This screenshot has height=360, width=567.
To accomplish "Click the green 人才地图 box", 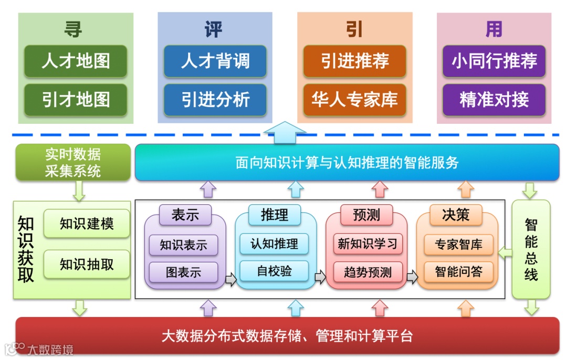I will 76,61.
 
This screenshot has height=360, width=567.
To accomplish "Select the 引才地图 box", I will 76,99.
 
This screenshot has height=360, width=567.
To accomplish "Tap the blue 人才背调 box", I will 215,61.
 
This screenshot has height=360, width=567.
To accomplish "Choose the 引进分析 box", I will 215,99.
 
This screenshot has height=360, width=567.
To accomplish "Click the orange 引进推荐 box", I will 355,61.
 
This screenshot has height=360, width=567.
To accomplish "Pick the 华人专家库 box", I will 355,99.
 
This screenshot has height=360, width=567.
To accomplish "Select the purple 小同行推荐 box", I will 494,61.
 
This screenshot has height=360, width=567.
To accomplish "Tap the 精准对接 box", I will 494,99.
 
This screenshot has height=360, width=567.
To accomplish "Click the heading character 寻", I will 73,29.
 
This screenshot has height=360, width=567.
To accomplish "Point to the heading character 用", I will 494,29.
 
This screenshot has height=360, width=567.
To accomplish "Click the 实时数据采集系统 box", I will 72,163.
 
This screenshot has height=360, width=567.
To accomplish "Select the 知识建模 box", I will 87,224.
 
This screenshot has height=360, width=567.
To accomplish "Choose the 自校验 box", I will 274,271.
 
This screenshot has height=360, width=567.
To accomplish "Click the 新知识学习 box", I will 367,243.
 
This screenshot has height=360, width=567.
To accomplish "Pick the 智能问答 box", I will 458,271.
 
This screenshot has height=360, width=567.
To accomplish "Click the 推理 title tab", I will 274,215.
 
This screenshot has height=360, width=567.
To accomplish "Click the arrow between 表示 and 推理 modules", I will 230,279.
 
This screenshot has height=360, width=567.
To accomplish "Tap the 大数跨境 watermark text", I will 50,349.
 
